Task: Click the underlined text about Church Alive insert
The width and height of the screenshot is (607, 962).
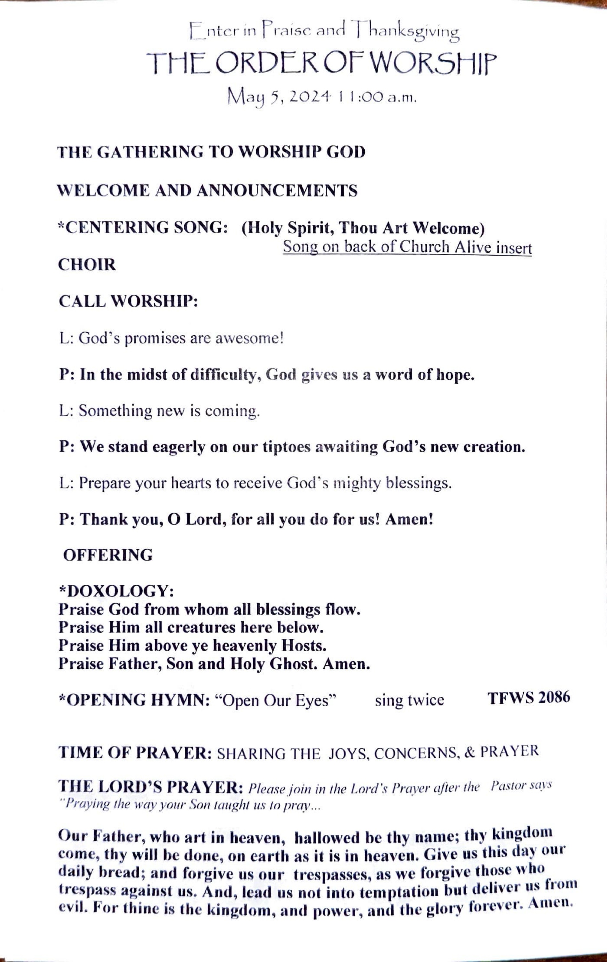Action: tap(407, 247)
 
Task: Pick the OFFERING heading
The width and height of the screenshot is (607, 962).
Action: tap(108, 555)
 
